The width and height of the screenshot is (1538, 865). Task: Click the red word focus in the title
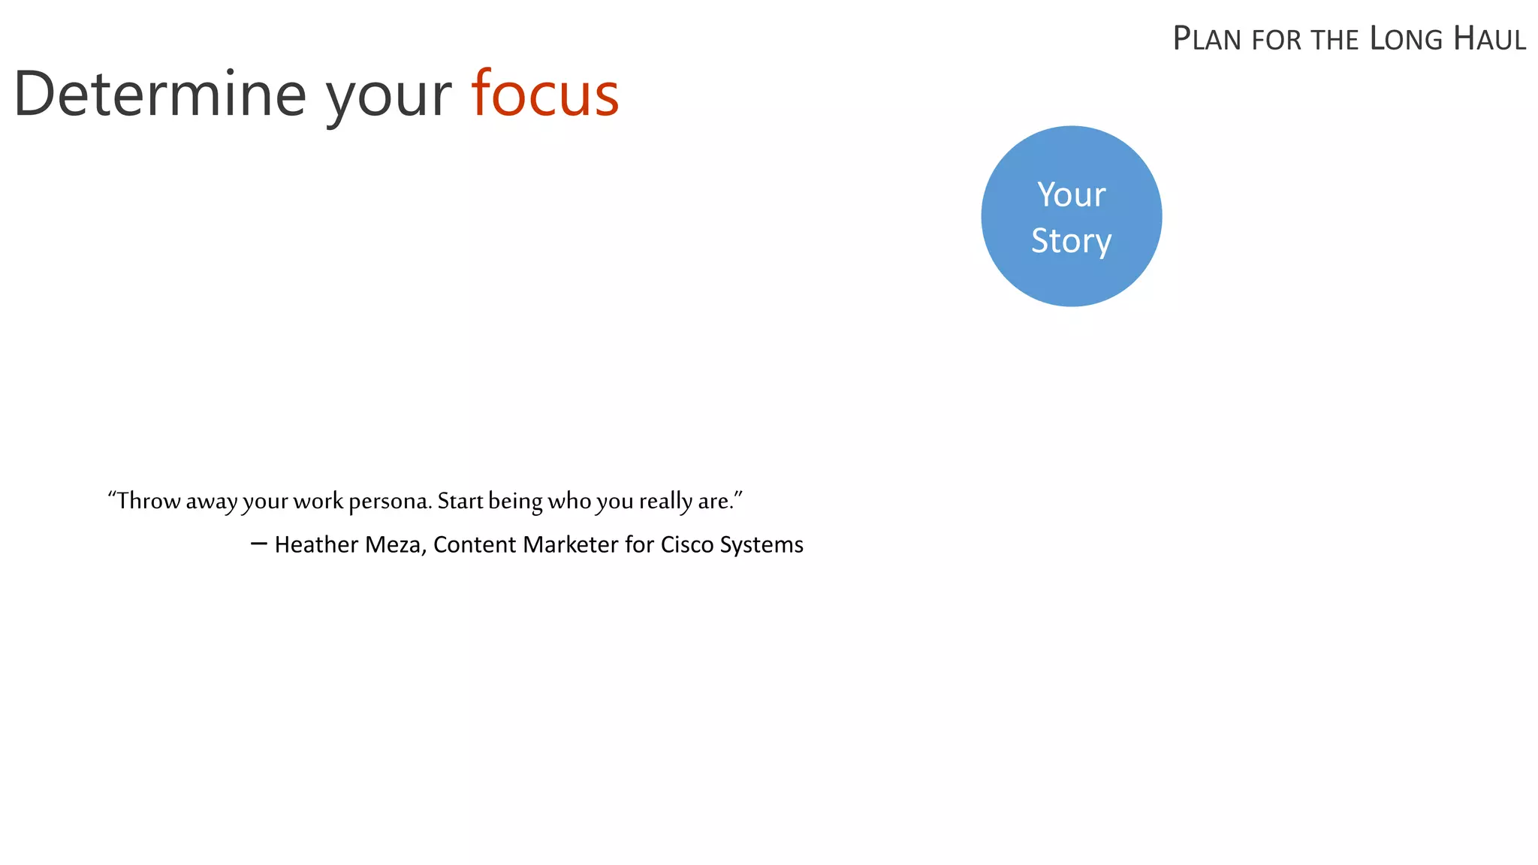click(544, 95)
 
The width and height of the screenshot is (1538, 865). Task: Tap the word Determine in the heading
click(160, 95)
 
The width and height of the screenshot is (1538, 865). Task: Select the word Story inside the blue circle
click(1071, 241)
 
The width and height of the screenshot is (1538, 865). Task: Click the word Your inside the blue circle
click(1072, 195)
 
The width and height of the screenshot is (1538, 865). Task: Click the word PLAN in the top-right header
click(1208, 39)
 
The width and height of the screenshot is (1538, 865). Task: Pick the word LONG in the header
click(1406, 39)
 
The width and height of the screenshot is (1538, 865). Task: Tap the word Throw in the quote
click(149, 501)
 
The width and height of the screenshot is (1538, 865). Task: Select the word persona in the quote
click(391, 502)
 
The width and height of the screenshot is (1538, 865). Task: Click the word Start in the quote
click(460, 501)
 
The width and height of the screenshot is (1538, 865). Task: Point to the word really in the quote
click(665, 502)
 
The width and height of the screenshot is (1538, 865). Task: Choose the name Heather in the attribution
click(316, 544)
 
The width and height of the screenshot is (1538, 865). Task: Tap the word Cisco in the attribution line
click(686, 544)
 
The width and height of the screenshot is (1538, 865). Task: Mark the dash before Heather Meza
click(259, 543)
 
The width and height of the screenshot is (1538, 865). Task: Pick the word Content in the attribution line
click(475, 544)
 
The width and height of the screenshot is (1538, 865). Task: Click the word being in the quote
click(515, 502)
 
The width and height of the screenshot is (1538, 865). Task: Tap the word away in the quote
click(212, 502)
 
